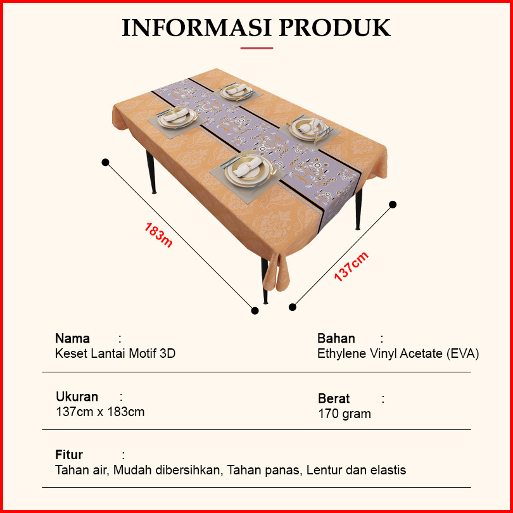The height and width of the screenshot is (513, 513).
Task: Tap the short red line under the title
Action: (x=256, y=47)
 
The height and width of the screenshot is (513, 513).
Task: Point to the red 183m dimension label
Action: (x=158, y=234)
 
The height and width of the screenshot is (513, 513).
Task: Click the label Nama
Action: (x=72, y=338)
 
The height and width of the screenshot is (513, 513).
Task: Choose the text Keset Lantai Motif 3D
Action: (x=115, y=353)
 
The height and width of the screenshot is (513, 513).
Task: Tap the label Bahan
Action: (x=336, y=338)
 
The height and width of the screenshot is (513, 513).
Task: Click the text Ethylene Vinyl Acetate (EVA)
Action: (x=398, y=353)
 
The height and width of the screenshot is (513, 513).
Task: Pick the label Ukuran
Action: (x=77, y=397)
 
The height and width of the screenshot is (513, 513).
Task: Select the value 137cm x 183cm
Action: (x=100, y=412)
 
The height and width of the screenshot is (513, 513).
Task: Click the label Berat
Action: (x=334, y=398)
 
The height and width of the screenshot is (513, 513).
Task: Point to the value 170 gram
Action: (x=345, y=414)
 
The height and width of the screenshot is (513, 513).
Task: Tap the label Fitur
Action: (x=69, y=455)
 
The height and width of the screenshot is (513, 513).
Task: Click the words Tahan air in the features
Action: (x=79, y=470)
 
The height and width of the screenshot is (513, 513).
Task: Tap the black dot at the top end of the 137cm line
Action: (x=393, y=204)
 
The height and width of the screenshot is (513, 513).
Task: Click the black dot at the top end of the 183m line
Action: (x=105, y=162)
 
